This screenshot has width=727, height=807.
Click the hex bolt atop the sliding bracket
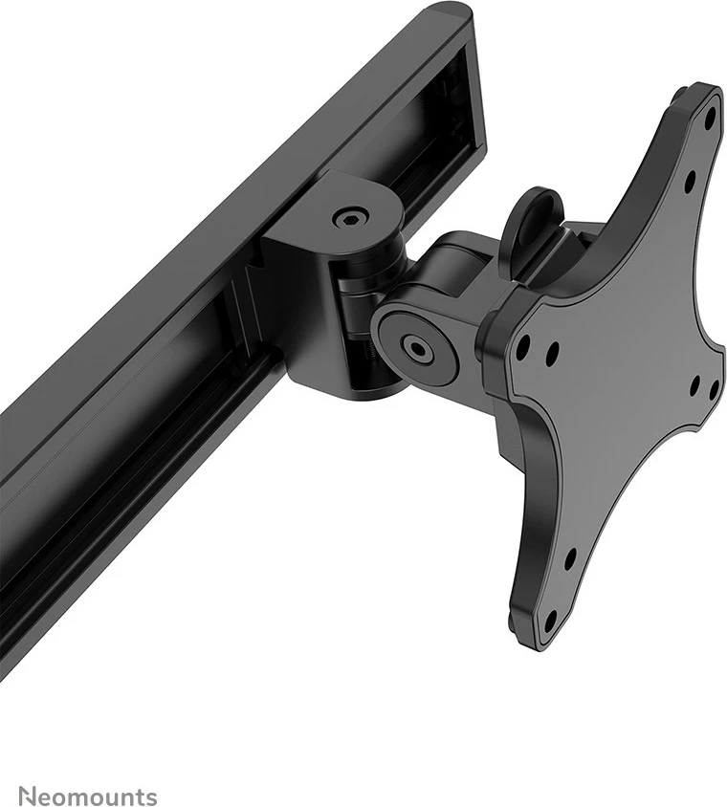[348, 218]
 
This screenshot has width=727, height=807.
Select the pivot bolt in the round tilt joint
[417, 347]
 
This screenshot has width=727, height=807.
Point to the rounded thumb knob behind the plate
[532, 220]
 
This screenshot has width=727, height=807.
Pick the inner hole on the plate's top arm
[689, 178]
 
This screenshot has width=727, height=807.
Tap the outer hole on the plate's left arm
[522, 348]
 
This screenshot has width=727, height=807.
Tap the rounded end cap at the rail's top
[446, 15]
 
